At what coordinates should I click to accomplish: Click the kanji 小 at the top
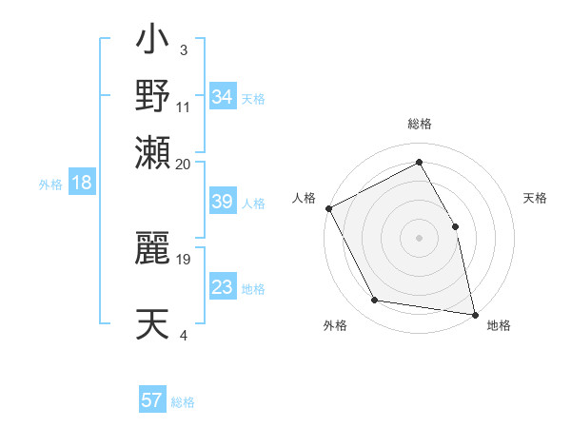point(152,43)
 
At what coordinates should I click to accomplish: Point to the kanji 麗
point(152,248)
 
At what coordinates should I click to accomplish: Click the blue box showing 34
point(223,97)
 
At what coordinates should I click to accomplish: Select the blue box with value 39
point(223,202)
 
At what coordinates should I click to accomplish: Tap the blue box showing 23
point(223,287)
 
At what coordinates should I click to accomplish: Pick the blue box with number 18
point(82,184)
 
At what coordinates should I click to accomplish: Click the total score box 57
point(152,400)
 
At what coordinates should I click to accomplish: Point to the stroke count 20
point(183,163)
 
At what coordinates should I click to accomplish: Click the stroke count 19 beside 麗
point(185,258)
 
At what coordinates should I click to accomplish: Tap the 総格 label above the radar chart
point(420,125)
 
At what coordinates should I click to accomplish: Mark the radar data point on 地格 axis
point(475,314)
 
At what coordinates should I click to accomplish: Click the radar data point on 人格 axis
point(328,208)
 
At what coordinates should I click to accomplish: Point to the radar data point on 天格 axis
point(455,226)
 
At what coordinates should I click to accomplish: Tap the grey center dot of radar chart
point(420,238)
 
